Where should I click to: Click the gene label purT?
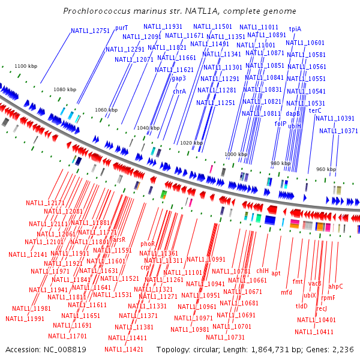point(122,28)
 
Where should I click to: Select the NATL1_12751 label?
point(91,31)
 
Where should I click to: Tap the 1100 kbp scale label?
point(26,66)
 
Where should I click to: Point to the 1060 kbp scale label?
point(106,110)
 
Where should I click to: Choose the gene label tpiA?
point(295,29)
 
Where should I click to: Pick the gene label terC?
point(315,110)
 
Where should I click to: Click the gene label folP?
point(281,124)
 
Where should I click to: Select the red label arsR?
point(119,239)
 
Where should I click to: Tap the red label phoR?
point(148,244)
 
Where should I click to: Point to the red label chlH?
point(263,271)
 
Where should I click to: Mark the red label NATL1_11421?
point(124,349)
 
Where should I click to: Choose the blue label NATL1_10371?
point(338,131)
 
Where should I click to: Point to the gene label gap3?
point(179,78)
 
